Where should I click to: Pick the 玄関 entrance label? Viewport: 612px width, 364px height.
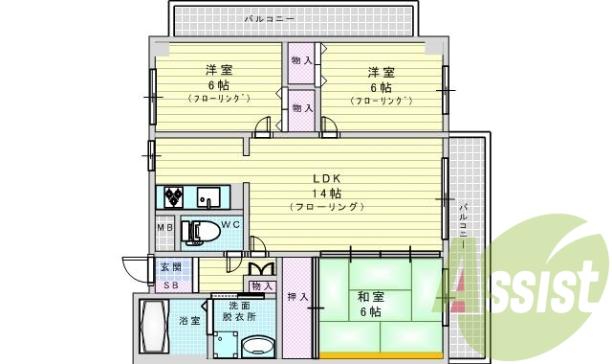click(x=170, y=267)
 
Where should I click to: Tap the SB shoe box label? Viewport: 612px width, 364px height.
click(x=170, y=284)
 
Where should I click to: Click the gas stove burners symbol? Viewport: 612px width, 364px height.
click(x=174, y=197)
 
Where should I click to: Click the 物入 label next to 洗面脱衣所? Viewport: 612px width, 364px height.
click(x=262, y=286)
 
